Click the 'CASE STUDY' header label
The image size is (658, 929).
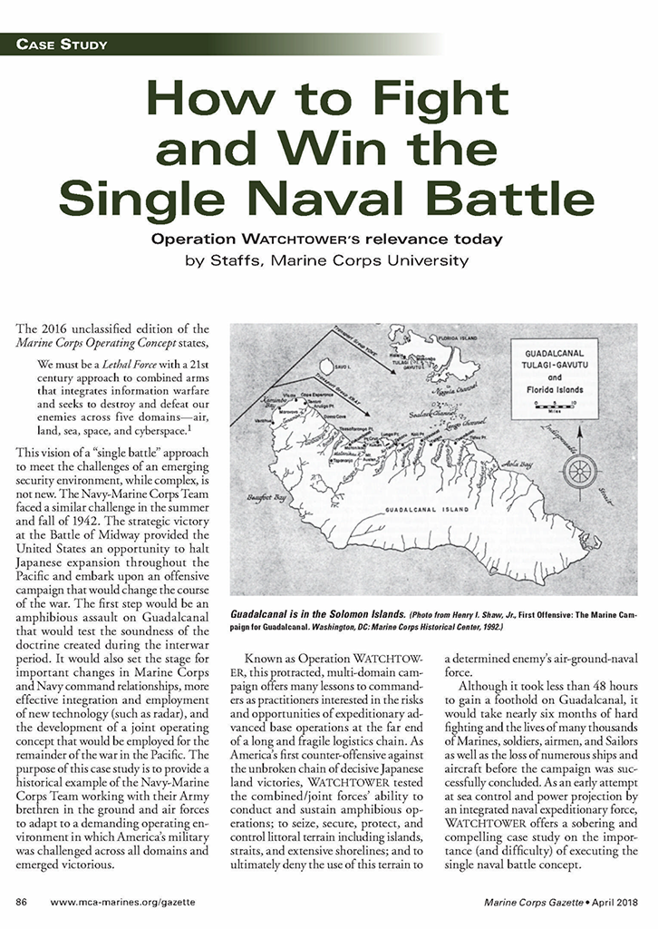[x=62, y=44]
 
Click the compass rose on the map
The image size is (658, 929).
[x=580, y=471]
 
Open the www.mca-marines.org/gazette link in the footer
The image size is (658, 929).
[x=122, y=903]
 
